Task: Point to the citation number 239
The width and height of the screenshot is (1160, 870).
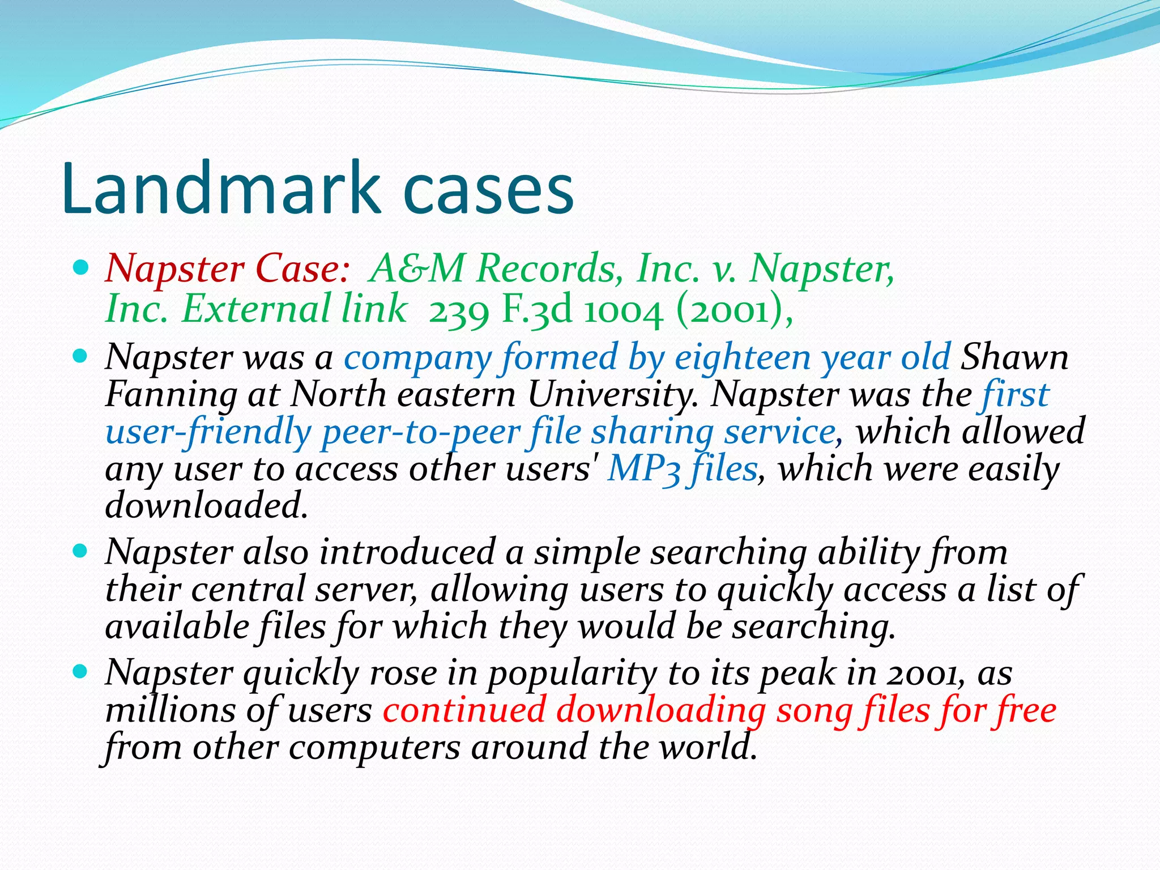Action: (458, 311)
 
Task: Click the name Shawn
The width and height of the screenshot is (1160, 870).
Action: (1014, 357)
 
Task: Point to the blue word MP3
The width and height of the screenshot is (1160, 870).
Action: (643, 470)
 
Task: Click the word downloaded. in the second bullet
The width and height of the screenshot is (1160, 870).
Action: (207, 505)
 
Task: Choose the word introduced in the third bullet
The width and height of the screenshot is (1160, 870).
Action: (407, 552)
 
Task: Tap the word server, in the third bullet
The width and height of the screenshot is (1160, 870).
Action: (366, 590)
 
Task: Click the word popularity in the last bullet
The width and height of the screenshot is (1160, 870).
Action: (572, 673)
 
